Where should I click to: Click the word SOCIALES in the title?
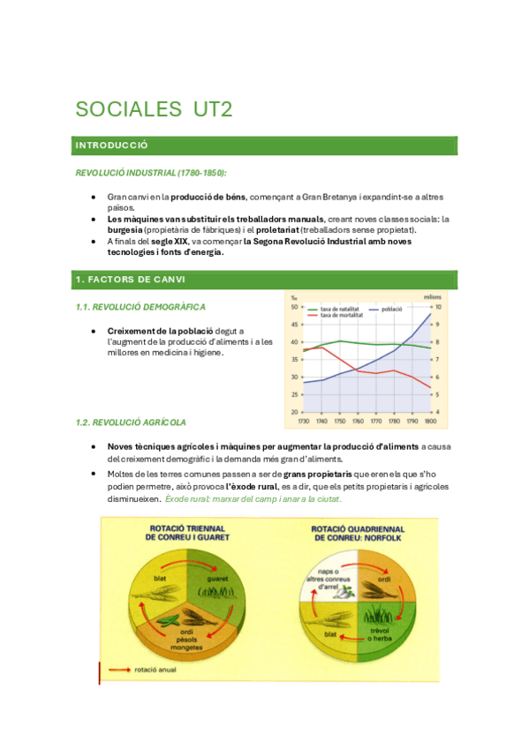[126, 109]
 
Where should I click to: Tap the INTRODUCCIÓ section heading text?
[112, 146]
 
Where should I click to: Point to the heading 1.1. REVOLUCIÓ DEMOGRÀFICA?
[140, 307]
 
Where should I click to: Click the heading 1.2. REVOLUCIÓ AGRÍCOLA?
[131, 423]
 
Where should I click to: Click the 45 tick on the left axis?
[294, 324]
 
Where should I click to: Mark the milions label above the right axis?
[432, 297]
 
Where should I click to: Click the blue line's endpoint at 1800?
[431, 314]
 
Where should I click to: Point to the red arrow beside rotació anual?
[118, 670]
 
